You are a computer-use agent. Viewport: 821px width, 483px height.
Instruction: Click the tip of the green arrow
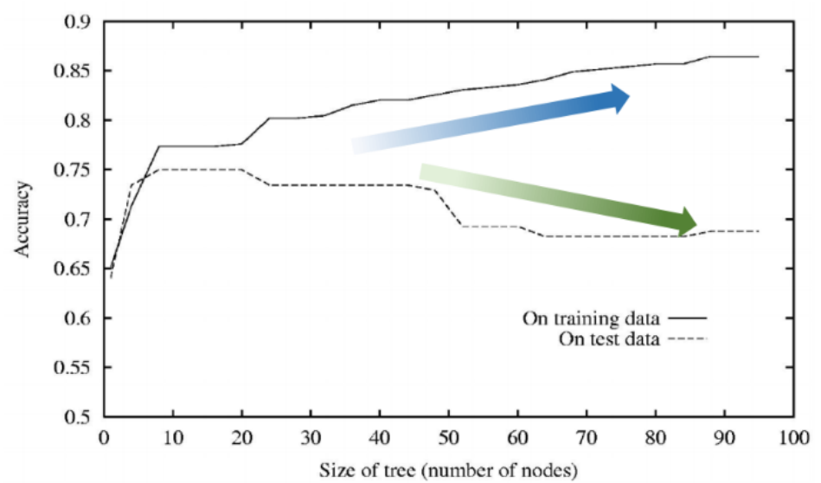click(696, 222)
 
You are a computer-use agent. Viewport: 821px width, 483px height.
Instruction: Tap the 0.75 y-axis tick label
click(74, 170)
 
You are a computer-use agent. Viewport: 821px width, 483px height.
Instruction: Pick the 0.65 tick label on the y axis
click(74, 269)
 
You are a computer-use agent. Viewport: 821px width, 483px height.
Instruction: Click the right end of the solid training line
click(759, 56)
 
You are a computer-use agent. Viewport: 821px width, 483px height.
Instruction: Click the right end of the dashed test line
click(759, 231)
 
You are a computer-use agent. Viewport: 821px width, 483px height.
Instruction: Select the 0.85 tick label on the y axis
click(74, 71)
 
